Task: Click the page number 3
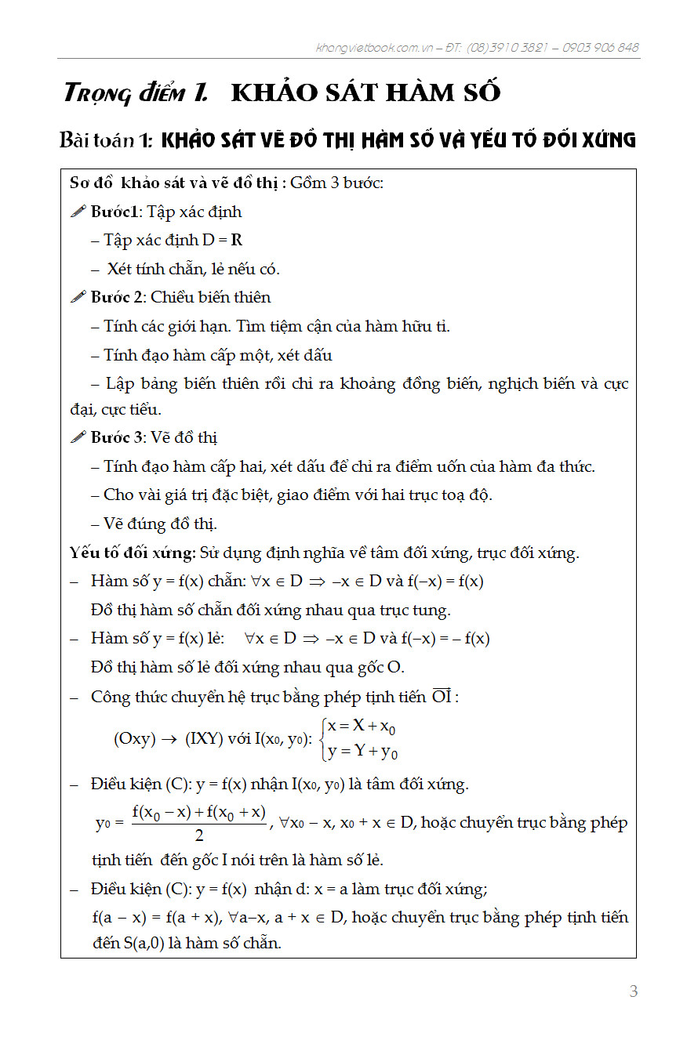pyautogui.click(x=634, y=991)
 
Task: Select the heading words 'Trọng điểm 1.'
pyautogui.click(x=136, y=93)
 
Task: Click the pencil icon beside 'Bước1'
pyautogui.click(x=78, y=212)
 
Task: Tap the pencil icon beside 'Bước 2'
pyautogui.click(x=78, y=297)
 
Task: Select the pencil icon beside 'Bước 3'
pyautogui.click(x=78, y=437)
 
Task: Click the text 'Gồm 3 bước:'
pyautogui.click(x=336, y=183)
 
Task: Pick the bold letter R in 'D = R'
pyautogui.click(x=236, y=241)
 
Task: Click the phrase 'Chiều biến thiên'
pyautogui.click(x=211, y=297)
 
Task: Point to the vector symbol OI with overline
pyautogui.click(x=442, y=696)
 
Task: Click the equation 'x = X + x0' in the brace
pyautogui.click(x=362, y=727)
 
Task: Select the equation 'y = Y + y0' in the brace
pyautogui.click(x=363, y=752)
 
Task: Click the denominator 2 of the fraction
pyautogui.click(x=199, y=836)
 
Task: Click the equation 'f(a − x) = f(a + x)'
pyautogui.click(x=156, y=917)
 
